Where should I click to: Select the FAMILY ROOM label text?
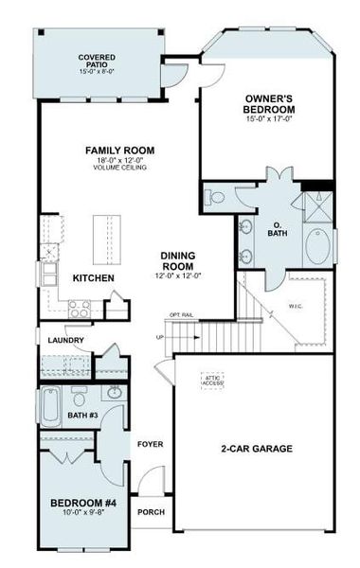[119, 151]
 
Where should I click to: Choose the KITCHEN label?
[94, 278]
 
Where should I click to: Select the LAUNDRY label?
[63, 341]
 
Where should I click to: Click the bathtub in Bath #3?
[52, 405]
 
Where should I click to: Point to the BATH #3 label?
[83, 414]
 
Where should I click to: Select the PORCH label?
[151, 512]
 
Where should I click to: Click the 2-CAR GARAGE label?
[257, 448]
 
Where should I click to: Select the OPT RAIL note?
[181, 314]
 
